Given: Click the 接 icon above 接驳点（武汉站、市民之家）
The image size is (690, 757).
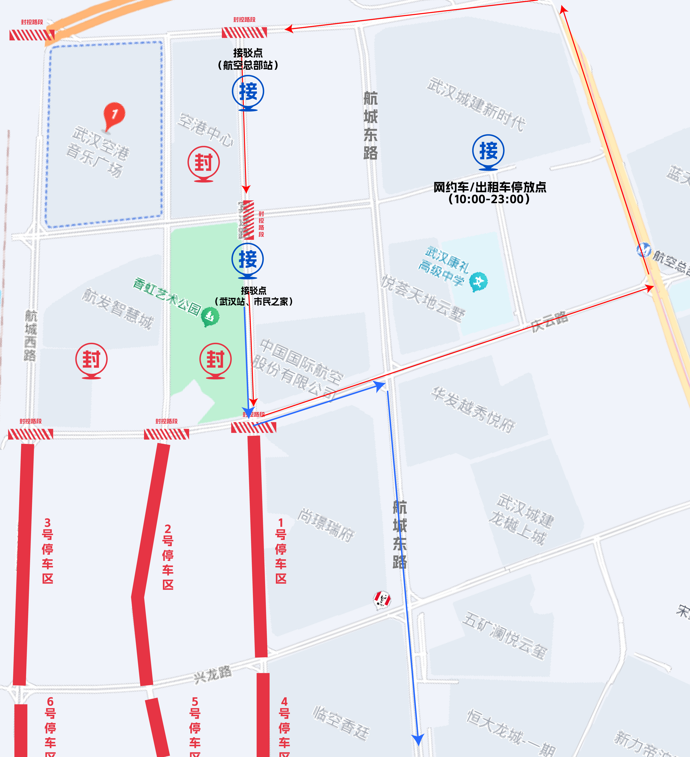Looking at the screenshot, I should (248, 259).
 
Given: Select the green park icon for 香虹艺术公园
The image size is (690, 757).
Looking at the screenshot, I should (210, 316).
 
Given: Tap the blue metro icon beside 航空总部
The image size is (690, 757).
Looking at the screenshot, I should (643, 250).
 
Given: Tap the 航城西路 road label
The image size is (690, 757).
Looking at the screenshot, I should (31, 335).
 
